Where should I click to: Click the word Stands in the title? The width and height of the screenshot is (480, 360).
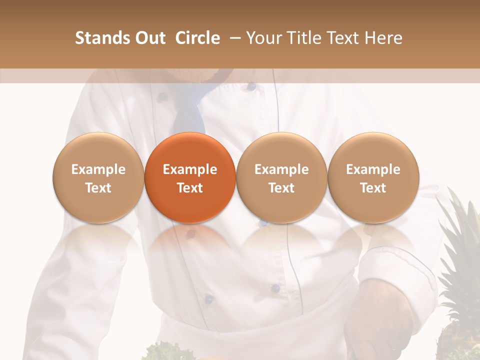[98, 38]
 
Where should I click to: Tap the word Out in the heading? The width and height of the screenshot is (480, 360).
[148, 38]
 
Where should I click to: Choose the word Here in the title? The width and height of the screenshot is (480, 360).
[383, 38]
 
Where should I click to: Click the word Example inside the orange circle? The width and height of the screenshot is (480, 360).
[190, 169]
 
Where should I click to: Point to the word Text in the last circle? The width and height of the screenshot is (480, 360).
[373, 188]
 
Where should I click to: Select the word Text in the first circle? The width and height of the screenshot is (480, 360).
[98, 188]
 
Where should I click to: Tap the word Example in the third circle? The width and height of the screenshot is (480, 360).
[281, 169]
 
